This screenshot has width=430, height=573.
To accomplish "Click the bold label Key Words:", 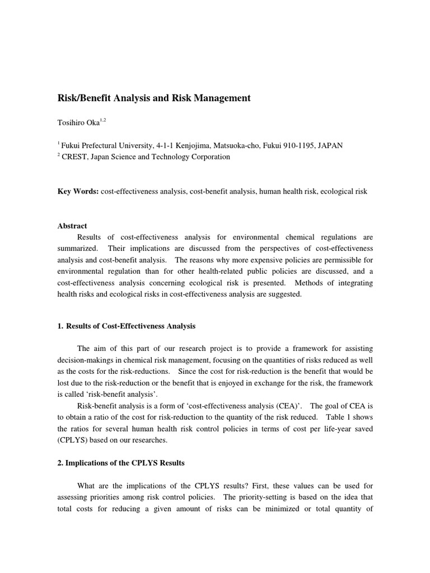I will click(78, 192).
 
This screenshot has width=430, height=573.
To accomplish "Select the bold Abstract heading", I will click(72, 226).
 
